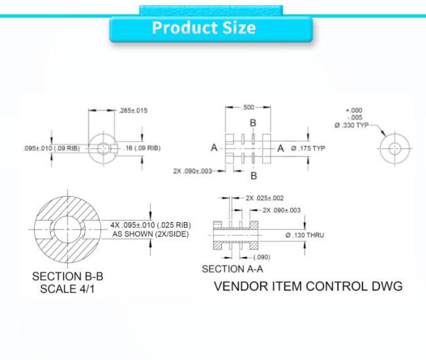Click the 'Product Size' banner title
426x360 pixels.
click(204, 28)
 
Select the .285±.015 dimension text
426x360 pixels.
click(134, 111)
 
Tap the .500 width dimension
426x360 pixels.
click(248, 108)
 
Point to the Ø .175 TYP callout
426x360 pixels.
click(308, 148)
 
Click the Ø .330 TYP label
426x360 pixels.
click(351, 125)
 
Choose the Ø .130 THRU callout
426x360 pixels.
click(305, 235)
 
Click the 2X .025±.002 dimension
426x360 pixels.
click(265, 198)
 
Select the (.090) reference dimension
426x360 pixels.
click(261, 257)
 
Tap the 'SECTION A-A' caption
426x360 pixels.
click(232, 269)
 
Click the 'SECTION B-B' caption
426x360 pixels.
click(68, 277)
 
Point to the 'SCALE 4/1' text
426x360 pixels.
click(68, 289)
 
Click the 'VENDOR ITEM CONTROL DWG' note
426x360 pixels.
click(309, 287)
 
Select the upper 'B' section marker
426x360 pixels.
click(253, 123)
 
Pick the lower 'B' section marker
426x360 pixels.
click(254, 176)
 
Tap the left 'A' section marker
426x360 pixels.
click(214, 148)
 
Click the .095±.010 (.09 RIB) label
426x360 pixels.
click(52, 148)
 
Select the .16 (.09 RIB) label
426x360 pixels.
click(142, 148)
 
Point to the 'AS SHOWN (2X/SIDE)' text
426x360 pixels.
click(151, 234)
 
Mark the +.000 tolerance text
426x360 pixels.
click(354, 110)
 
